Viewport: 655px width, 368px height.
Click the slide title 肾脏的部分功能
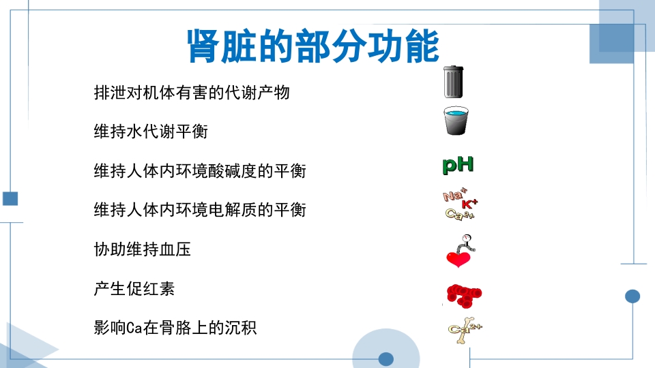point(312,46)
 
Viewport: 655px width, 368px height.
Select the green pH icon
point(458,164)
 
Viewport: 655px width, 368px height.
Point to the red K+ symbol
point(470,204)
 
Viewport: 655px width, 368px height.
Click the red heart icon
point(457,259)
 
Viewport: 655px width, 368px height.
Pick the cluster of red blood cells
point(464,294)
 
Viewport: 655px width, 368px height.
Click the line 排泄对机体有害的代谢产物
point(192,92)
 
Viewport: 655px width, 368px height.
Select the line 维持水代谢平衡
point(150,132)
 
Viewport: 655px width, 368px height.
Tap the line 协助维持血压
point(142,249)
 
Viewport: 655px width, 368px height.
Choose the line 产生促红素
point(134,288)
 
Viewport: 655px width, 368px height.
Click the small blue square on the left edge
point(10,198)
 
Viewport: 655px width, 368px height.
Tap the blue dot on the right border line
point(632,296)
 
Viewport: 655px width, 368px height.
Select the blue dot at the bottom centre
point(386,358)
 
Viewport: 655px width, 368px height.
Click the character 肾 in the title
point(204,46)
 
